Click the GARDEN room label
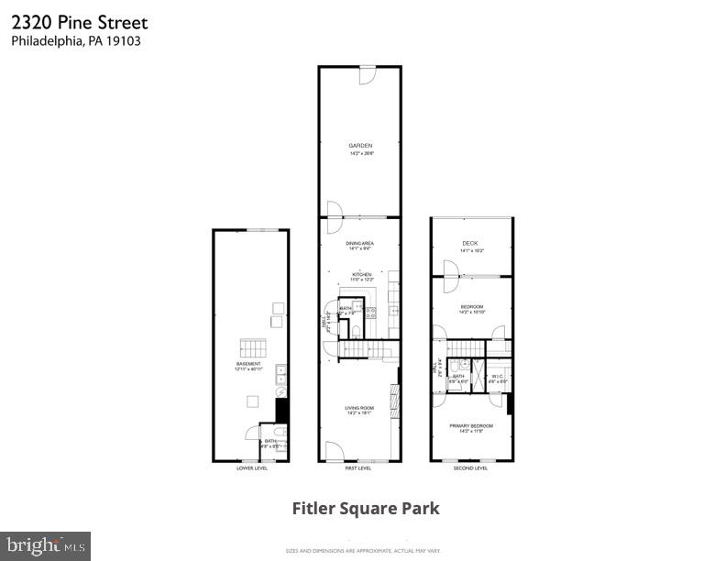360,146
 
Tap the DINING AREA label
359,244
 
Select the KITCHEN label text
360,273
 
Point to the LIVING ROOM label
358,408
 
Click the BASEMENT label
249,364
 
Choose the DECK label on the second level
471,243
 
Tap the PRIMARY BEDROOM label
471,425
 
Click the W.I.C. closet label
496,375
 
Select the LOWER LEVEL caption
251,468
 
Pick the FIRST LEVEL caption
358,468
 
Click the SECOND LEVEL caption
471,468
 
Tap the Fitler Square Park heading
366,508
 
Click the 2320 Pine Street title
79,22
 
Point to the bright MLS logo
45,546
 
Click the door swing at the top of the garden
367,74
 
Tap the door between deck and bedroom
449,270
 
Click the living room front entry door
334,451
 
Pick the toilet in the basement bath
281,430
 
